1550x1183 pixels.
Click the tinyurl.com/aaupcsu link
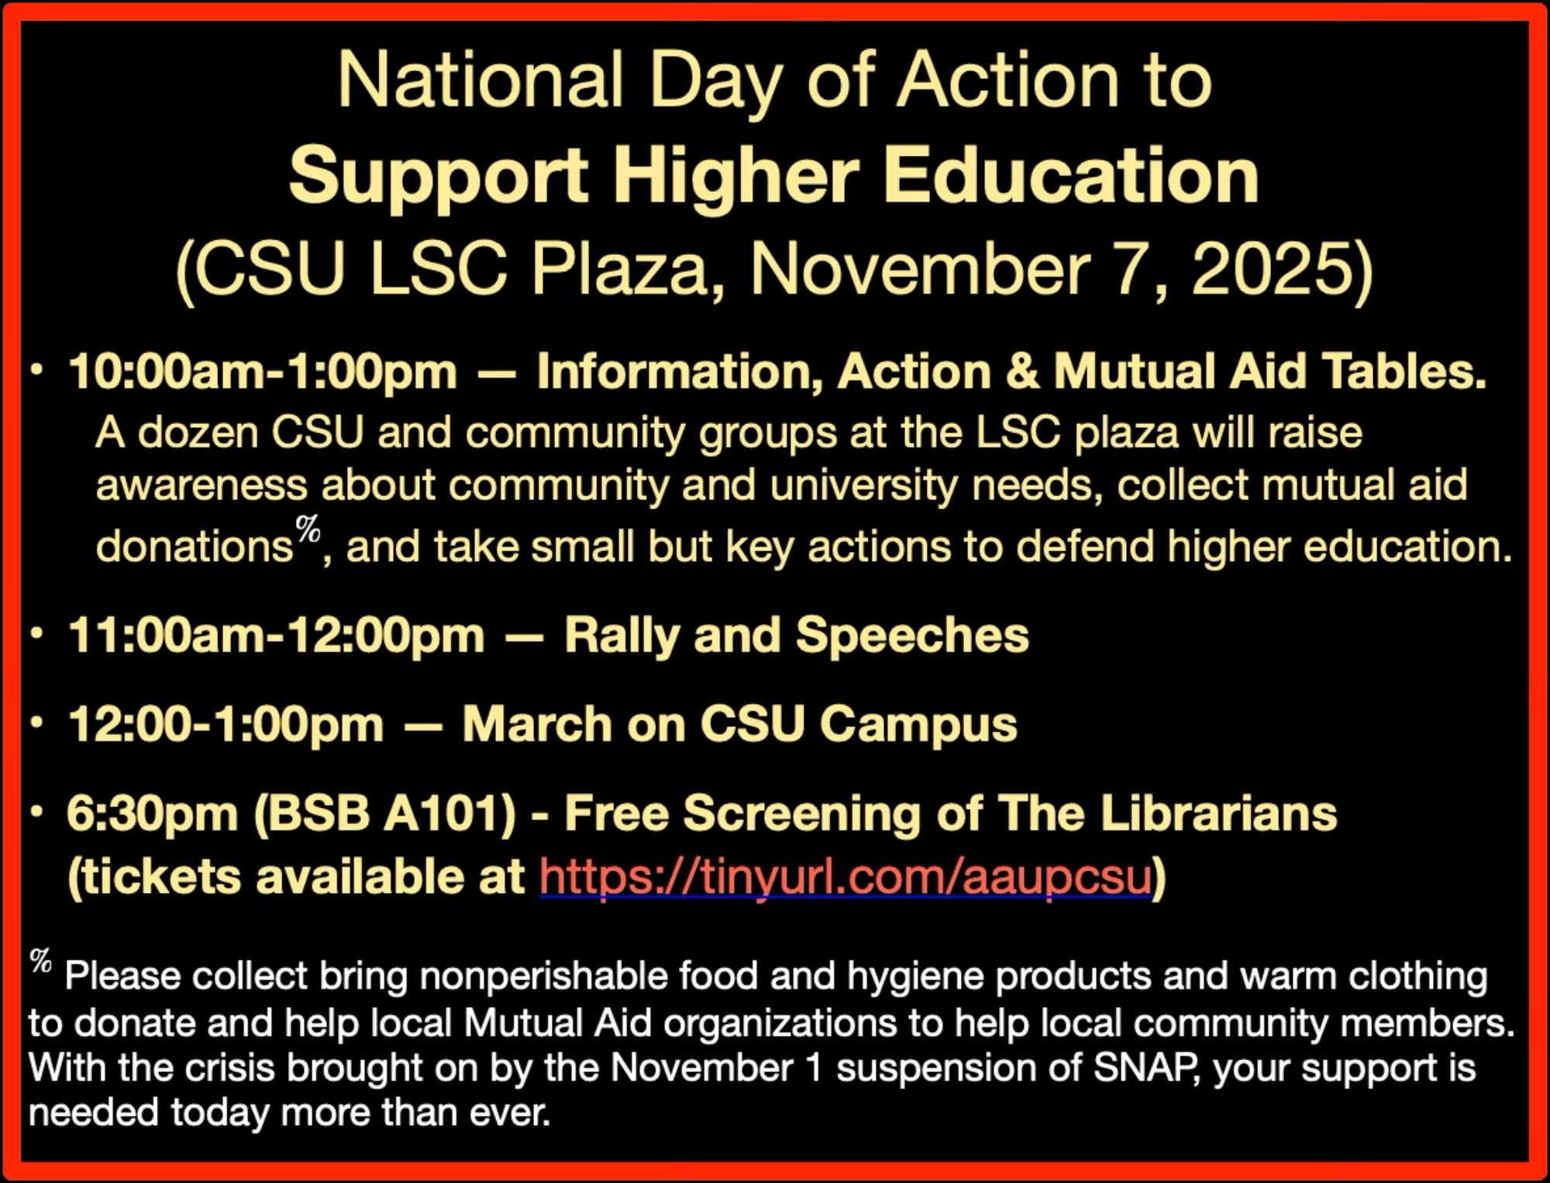tap(846, 876)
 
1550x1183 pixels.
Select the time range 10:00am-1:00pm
tap(263, 371)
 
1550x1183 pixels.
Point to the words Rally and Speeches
tap(797, 636)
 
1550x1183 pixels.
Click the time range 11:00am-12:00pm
tap(276, 636)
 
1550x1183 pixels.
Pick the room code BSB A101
tap(385, 813)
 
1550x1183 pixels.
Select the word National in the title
tap(480, 81)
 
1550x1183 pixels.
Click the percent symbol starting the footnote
tap(41, 961)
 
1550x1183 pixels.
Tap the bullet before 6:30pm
tap(36, 812)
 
